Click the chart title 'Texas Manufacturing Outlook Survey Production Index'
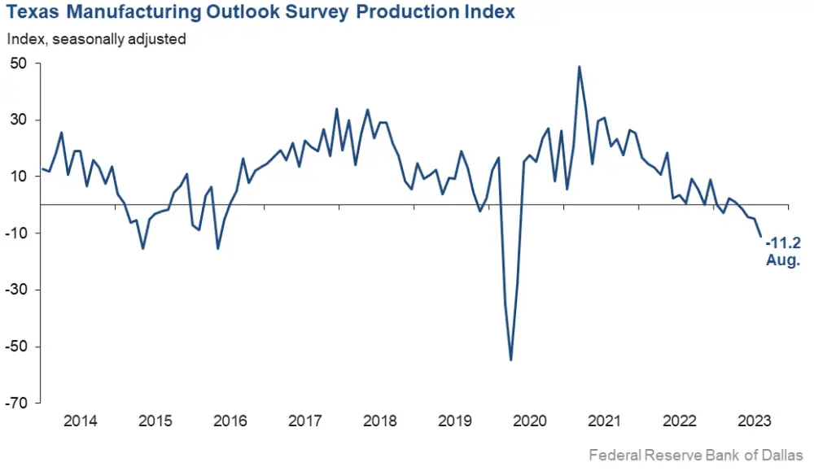(x=260, y=14)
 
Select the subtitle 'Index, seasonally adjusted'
(x=97, y=38)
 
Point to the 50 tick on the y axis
(x=18, y=63)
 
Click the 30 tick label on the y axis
(x=18, y=120)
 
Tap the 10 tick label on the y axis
(x=18, y=177)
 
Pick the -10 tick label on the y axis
(x=15, y=233)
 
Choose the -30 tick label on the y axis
(x=15, y=290)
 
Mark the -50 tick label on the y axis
(x=15, y=347)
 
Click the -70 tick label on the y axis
(x=15, y=403)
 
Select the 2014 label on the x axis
(x=80, y=421)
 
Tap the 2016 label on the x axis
(x=230, y=421)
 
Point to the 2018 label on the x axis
(x=380, y=421)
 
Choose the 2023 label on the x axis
(x=754, y=421)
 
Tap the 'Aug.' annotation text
(x=783, y=260)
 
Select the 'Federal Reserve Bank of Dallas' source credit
(x=696, y=456)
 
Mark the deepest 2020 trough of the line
(x=511, y=360)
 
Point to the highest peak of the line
(x=579, y=67)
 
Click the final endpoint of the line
(x=761, y=237)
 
